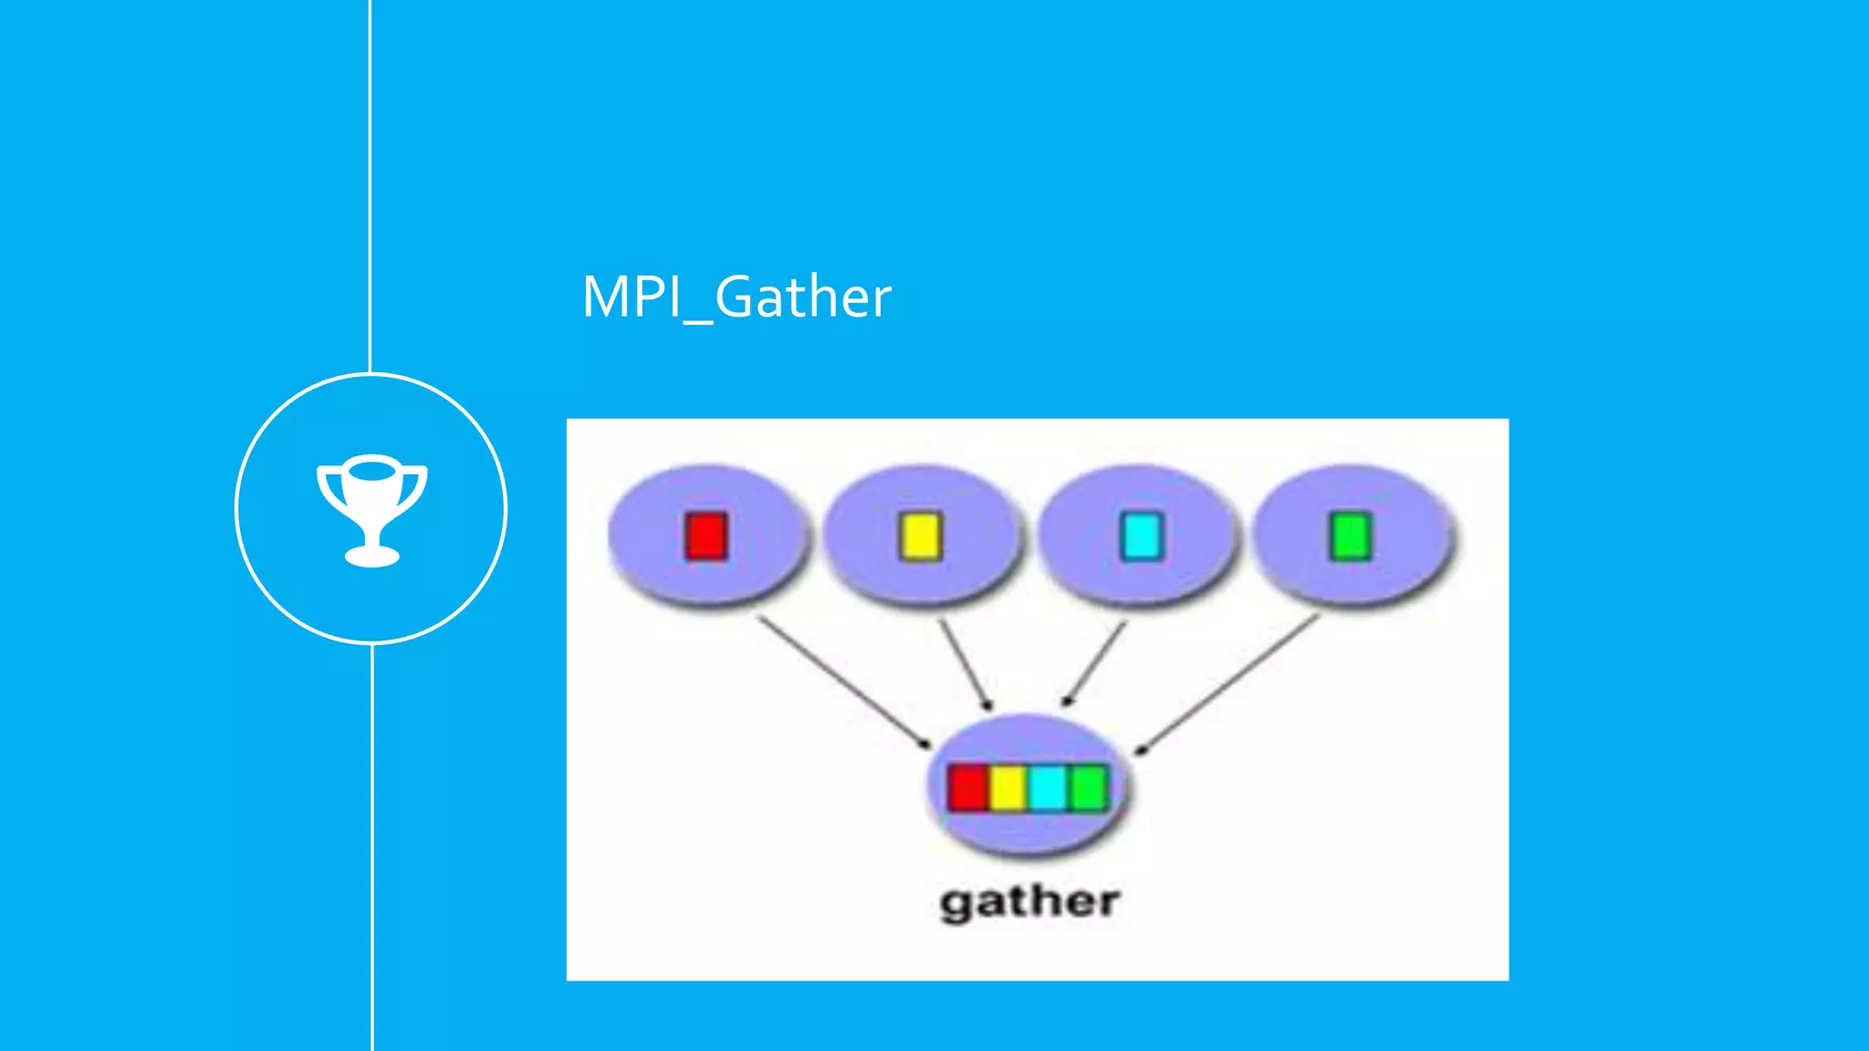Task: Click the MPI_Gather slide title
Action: tap(736, 297)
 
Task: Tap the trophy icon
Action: tap(371, 508)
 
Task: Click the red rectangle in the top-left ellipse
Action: tap(706, 536)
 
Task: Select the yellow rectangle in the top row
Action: tap(920, 536)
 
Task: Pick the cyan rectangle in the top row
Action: tap(1141, 536)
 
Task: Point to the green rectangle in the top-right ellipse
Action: tap(1351, 536)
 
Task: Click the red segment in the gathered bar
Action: tap(968, 787)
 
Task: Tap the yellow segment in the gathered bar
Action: tap(1008, 787)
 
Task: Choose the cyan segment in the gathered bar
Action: tap(1048, 787)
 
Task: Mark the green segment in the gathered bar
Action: tap(1088, 787)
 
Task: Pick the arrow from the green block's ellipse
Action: tap(1227, 684)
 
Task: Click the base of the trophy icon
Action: tap(371, 555)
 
